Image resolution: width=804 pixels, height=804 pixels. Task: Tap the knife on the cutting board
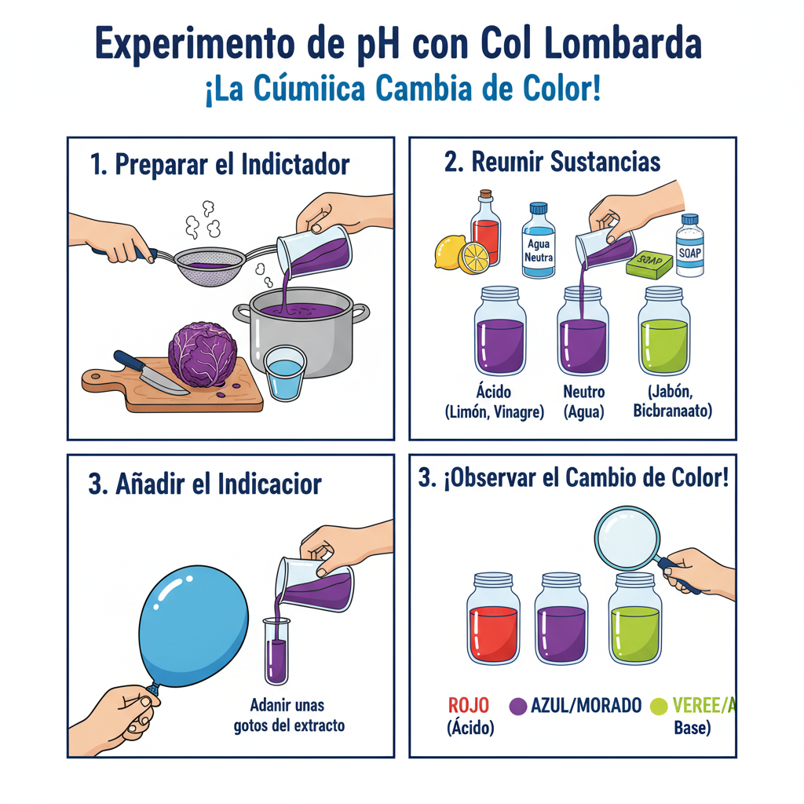(149, 374)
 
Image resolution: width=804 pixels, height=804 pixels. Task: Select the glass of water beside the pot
(283, 374)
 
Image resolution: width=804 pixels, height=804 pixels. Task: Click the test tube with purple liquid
(276, 651)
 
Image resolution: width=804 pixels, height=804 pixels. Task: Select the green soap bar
(649, 262)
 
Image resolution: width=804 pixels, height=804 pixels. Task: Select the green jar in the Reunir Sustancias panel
(664, 333)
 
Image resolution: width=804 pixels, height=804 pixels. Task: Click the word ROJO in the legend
(468, 706)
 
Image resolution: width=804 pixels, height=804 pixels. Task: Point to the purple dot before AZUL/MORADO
(517, 707)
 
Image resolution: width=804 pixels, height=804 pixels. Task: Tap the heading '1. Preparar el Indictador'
(220, 165)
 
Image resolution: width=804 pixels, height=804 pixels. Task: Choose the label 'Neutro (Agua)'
(583, 401)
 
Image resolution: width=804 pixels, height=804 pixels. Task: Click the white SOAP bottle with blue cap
(690, 247)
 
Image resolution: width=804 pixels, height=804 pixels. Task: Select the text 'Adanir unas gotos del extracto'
(289, 714)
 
